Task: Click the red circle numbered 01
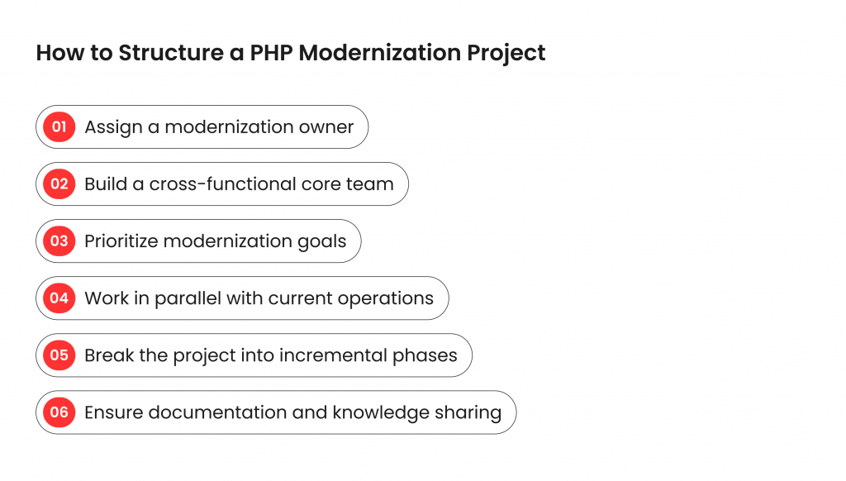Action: click(x=59, y=127)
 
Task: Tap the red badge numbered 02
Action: click(x=59, y=184)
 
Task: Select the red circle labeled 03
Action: click(x=59, y=240)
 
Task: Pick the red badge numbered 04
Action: click(x=59, y=298)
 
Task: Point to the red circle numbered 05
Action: click(x=59, y=355)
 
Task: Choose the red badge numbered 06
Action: click(x=59, y=412)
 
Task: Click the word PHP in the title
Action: click(x=271, y=53)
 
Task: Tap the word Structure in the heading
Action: click(x=170, y=53)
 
